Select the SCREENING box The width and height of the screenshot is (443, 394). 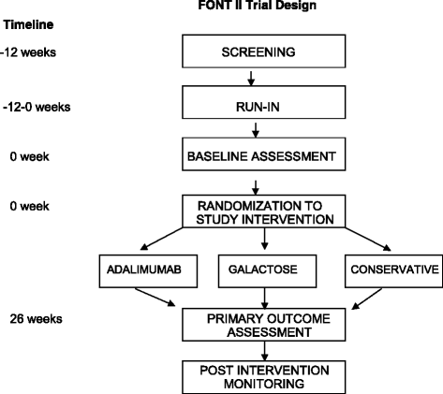(x=258, y=52)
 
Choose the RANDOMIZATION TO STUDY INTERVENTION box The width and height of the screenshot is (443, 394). (x=258, y=213)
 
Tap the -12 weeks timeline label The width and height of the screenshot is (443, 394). (x=29, y=52)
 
